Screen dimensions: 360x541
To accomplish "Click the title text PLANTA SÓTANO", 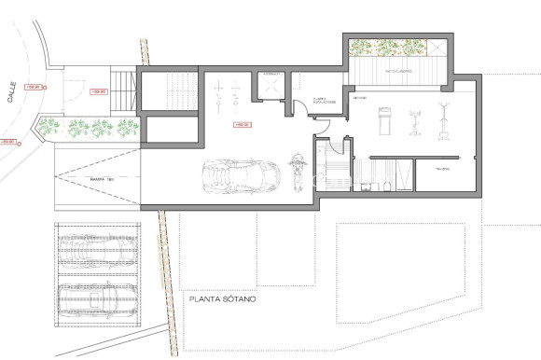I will tap(228, 300).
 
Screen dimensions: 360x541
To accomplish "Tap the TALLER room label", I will tap(443, 169).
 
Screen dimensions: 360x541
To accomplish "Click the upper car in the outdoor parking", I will tap(98, 249).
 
